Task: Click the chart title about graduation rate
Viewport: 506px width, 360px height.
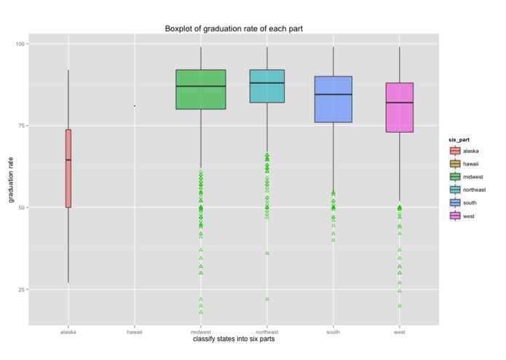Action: point(234,28)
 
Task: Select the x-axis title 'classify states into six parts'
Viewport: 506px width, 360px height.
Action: point(234,339)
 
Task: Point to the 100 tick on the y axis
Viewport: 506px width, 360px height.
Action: point(21,44)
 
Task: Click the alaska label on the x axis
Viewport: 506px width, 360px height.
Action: point(68,332)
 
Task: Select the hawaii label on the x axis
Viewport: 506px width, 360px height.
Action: point(134,332)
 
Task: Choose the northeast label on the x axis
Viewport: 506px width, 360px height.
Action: point(266,332)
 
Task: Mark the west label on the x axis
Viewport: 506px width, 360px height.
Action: point(400,332)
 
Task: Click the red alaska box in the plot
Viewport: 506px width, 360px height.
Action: point(68,168)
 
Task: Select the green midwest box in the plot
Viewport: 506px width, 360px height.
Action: point(201,90)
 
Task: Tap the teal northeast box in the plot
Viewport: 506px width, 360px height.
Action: point(266,86)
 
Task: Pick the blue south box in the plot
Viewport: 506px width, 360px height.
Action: point(333,99)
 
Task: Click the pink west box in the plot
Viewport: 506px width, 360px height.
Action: point(400,107)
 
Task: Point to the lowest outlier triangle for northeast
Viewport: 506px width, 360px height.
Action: point(267,299)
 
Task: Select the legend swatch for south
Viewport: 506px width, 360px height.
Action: point(455,203)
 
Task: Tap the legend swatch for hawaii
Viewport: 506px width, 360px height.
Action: point(455,164)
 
